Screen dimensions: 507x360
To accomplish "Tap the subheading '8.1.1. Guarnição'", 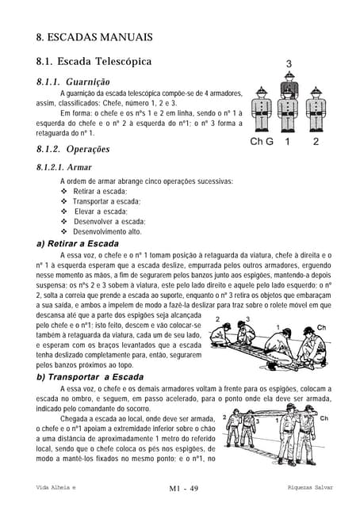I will pyautogui.click(x=78, y=82).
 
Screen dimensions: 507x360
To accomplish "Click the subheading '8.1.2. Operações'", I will pyautogui.click(x=73, y=149).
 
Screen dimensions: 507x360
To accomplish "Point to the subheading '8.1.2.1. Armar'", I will pyautogui.click(x=64, y=167).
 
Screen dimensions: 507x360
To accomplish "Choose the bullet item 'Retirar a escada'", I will pyautogui.click(x=99, y=192).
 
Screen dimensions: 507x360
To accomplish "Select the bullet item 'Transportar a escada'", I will pyautogui.click(x=105, y=201).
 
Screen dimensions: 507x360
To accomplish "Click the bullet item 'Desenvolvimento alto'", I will pyautogui.click(x=107, y=231).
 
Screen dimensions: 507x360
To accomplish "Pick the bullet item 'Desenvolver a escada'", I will pyautogui.click(x=109, y=221).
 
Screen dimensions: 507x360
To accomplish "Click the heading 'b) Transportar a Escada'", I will pyautogui.click(x=90, y=377).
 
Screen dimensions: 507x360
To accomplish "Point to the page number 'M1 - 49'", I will pyautogui.click(x=179, y=486).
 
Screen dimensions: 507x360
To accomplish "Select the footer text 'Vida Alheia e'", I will pyautogui.click(x=56, y=486).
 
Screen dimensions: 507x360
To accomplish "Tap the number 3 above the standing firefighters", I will pyautogui.click(x=289, y=63).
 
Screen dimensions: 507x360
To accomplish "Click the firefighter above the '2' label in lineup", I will pyautogui.click(x=316, y=111).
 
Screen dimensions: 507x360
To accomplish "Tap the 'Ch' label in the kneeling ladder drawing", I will pyautogui.click(x=321, y=326).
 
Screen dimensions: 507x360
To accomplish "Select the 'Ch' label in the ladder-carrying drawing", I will pyautogui.click(x=324, y=418).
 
